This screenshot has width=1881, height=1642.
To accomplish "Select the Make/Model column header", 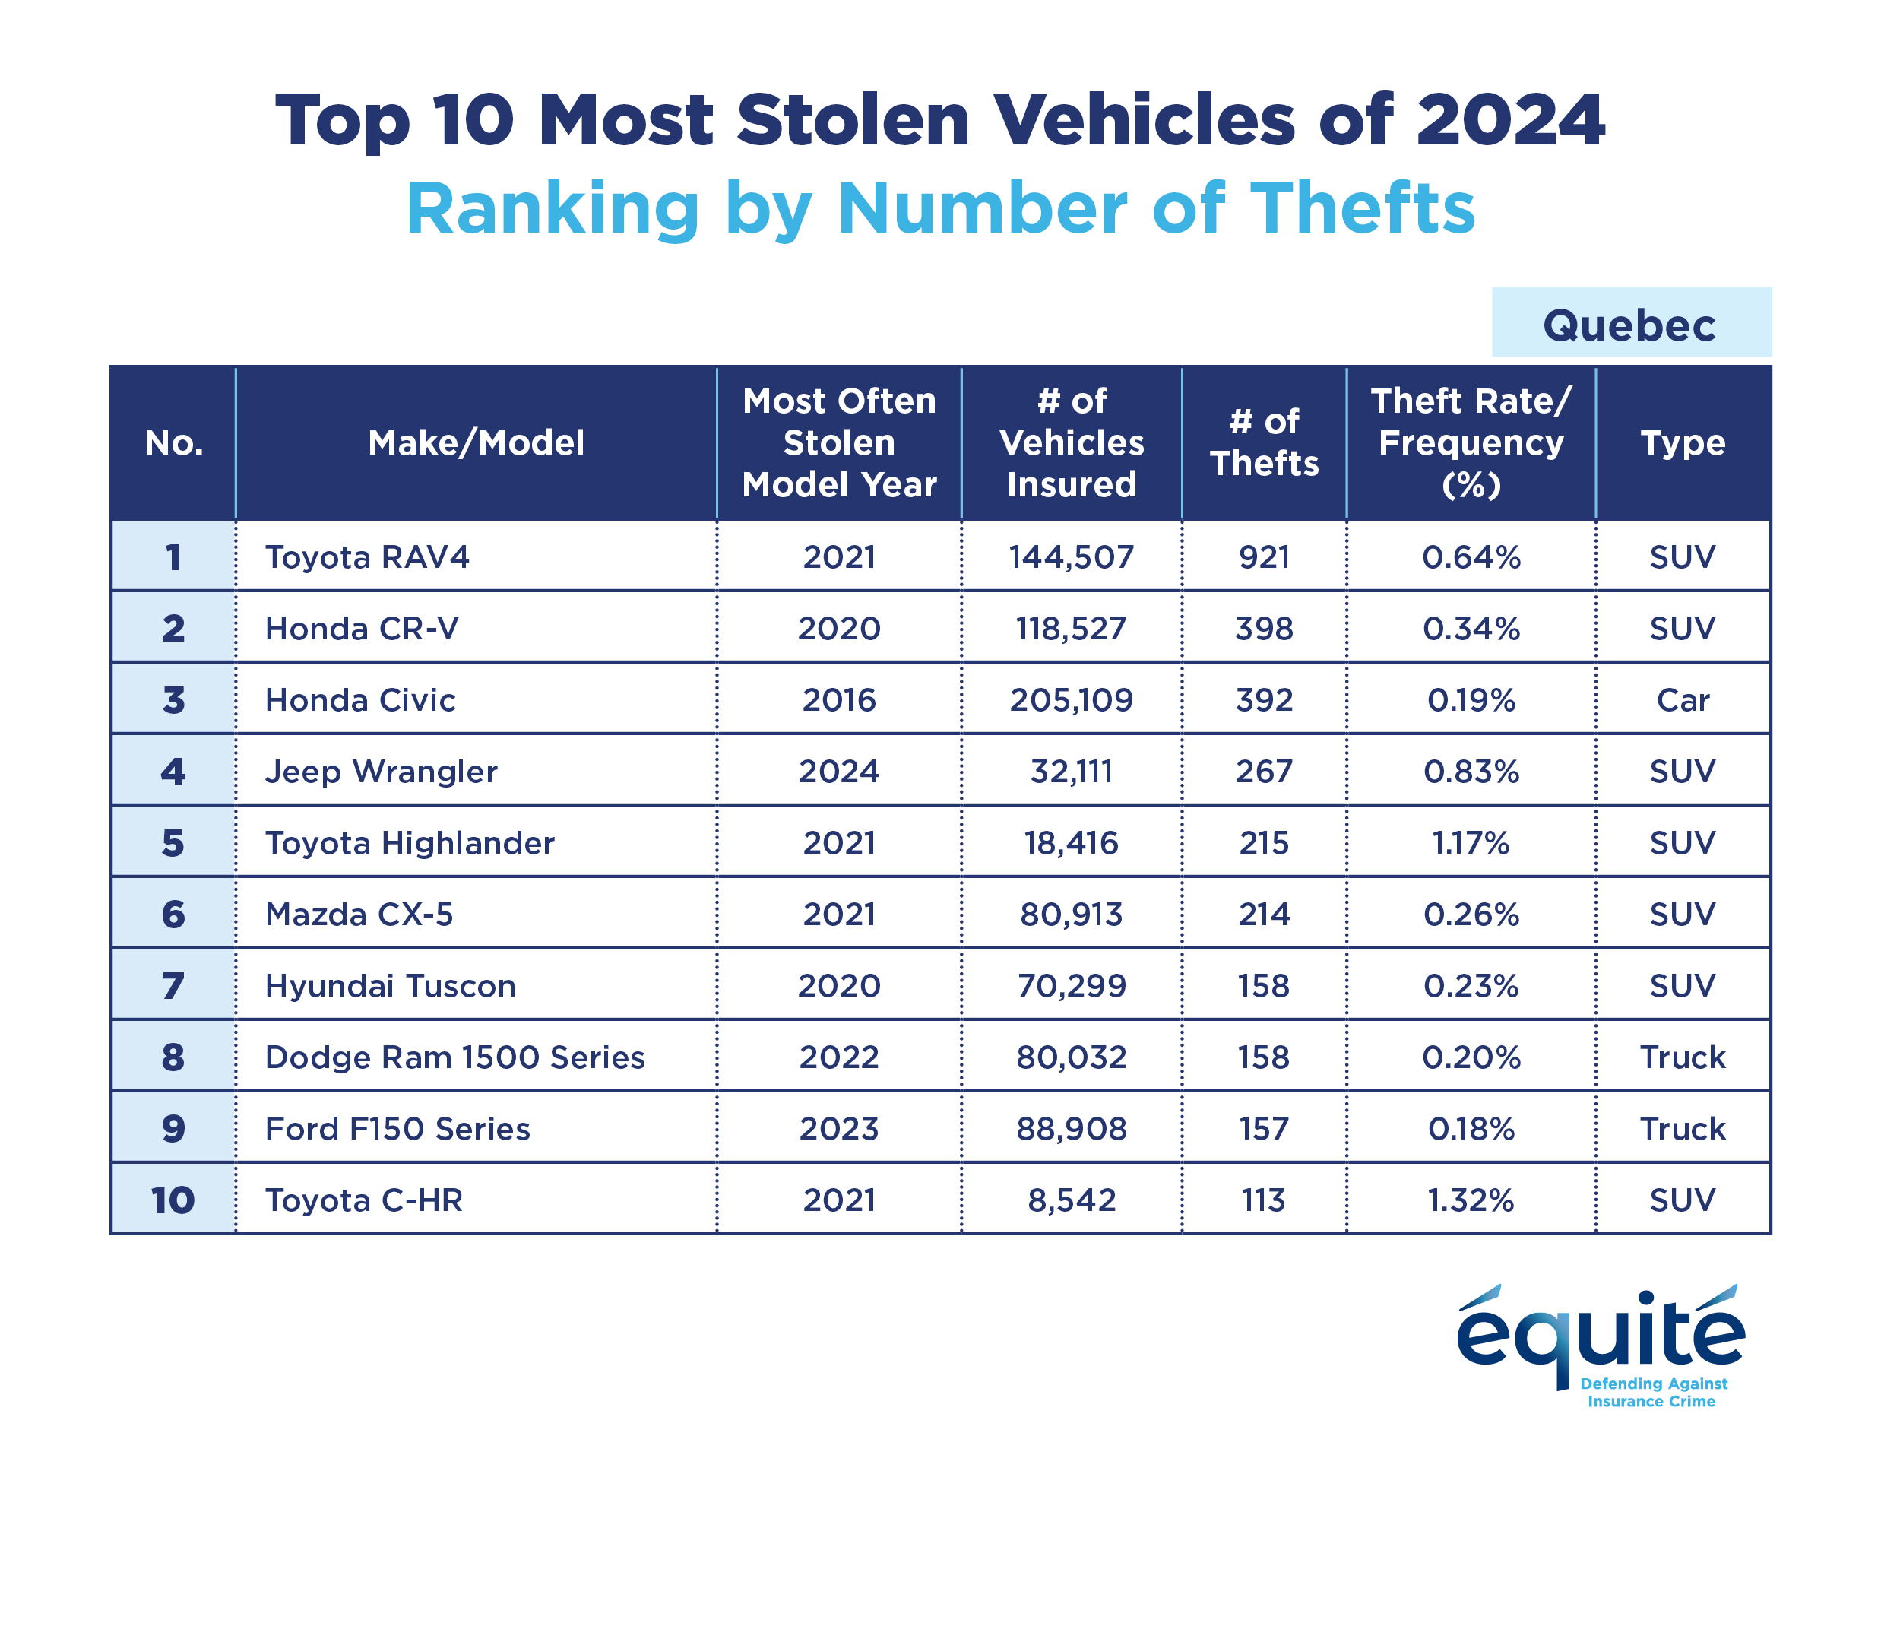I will point(476,442).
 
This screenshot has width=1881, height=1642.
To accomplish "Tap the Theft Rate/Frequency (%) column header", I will point(1470,442).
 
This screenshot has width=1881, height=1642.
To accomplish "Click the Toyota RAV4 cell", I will point(366,557).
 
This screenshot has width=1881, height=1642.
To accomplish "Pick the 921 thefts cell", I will point(1263,557).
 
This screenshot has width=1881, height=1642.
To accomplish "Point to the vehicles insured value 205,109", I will point(1071,700).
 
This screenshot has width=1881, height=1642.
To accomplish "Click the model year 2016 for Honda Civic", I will point(838,700).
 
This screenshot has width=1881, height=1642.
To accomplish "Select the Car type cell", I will point(1682,700).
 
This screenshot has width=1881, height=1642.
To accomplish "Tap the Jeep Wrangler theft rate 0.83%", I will point(1470,772).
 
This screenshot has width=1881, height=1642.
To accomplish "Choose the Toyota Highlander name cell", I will point(410,843).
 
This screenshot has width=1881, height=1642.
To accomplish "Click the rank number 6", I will point(173,915).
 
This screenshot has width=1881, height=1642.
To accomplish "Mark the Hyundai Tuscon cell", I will point(391,986).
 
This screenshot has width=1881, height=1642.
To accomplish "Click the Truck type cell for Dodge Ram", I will point(1682,1057).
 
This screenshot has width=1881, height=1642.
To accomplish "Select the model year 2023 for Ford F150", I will point(838,1129).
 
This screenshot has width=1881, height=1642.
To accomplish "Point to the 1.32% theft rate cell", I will point(1470,1200).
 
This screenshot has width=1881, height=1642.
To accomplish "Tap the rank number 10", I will point(173,1200).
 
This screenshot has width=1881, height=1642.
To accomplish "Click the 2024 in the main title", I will point(1509,120).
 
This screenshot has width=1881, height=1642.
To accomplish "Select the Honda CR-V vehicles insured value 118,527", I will point(1071,629).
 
